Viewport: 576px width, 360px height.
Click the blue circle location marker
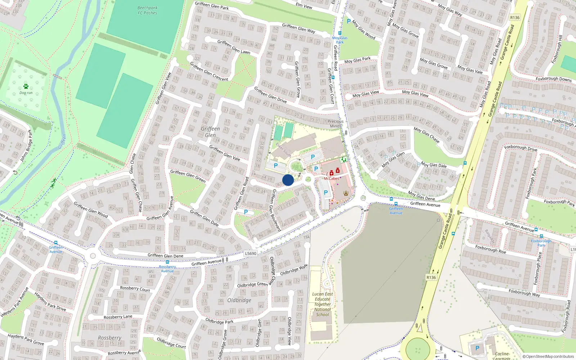[288, 180]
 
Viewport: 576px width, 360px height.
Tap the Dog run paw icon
[26, 86]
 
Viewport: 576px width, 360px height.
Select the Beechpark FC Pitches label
[147, 10]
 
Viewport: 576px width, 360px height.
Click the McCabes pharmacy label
[331, 179]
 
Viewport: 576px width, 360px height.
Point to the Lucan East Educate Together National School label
[322, 304]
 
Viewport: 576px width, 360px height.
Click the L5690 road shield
[251, 253]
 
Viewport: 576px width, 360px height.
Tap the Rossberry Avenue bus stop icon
[167, 262]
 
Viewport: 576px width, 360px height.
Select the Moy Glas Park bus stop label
[340, 40]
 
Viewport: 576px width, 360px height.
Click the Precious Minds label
[336, 124]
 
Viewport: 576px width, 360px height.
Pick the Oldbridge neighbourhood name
[239, 300]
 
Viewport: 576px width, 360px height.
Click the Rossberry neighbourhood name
[109, 338]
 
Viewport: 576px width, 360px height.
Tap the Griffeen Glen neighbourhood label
[210, 132]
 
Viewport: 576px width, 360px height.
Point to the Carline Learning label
[502, 356]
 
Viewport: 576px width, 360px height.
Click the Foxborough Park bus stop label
[541, 243]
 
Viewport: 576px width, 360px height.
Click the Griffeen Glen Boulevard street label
[276, 210]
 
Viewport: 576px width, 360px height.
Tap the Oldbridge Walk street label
[294, 270]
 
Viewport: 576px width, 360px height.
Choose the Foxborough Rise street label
[490, 249]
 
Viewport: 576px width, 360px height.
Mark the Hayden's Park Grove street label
[26, 339]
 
